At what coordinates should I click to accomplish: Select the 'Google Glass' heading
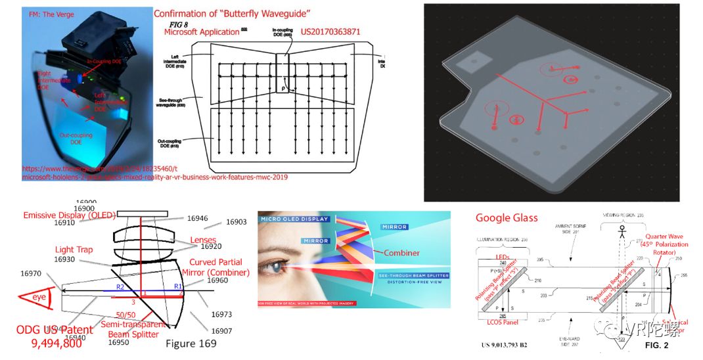[507, 218]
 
